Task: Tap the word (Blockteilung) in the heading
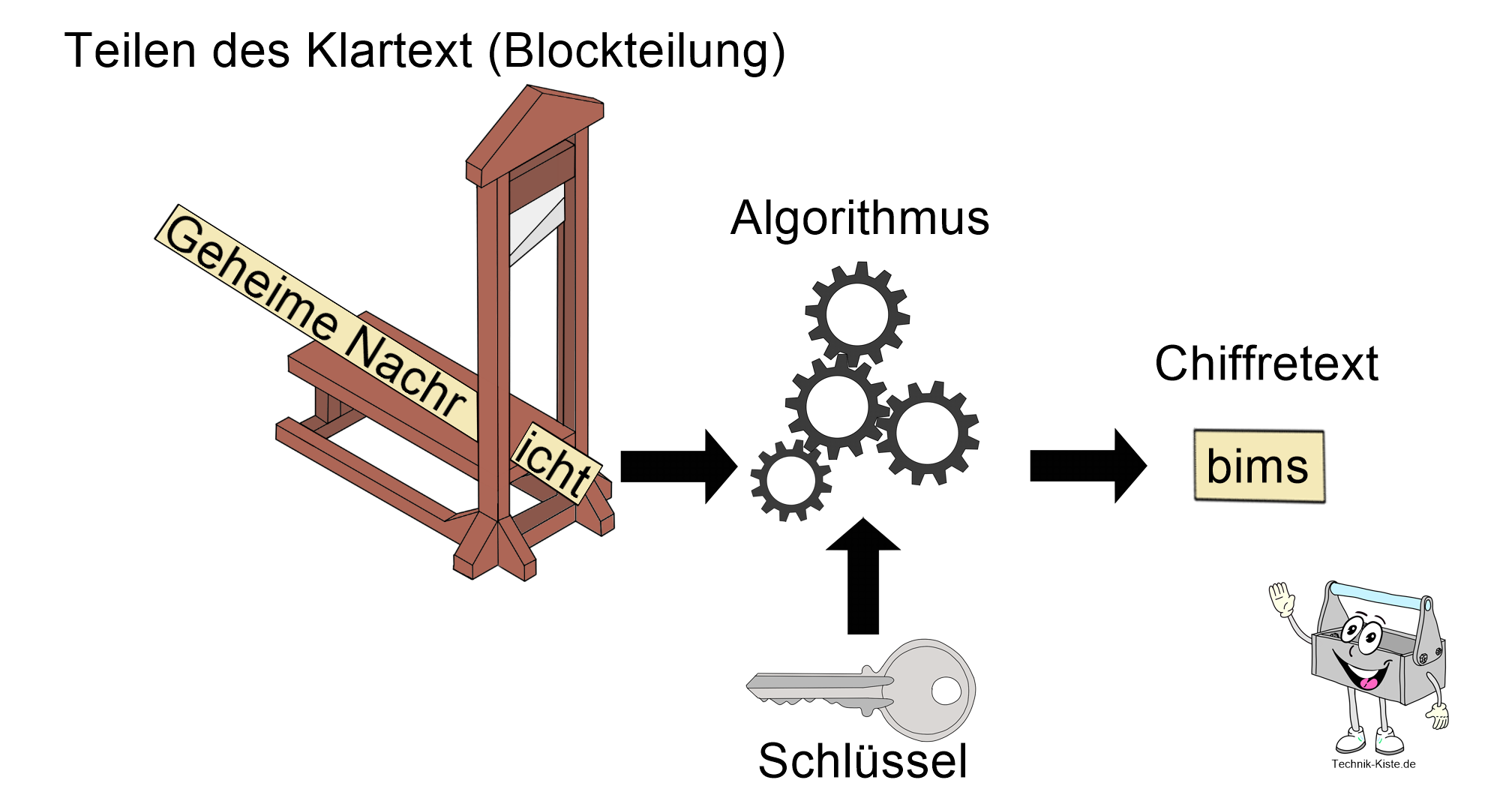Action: [x=636, y=52]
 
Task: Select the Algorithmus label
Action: [x=859, y=218]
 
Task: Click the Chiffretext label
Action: [x=1266, y=364]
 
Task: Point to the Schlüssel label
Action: [x=862, y=761]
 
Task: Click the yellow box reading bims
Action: [x=1258, y=466]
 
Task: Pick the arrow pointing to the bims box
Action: [x=1087, y=466]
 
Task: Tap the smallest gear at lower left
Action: [x=790, y=479]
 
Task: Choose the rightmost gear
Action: [x=927, y=433]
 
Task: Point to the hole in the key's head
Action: [x=946, y=691]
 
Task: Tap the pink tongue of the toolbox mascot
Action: [x=1369, y=683]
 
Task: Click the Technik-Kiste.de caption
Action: [x=1373, y=764]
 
